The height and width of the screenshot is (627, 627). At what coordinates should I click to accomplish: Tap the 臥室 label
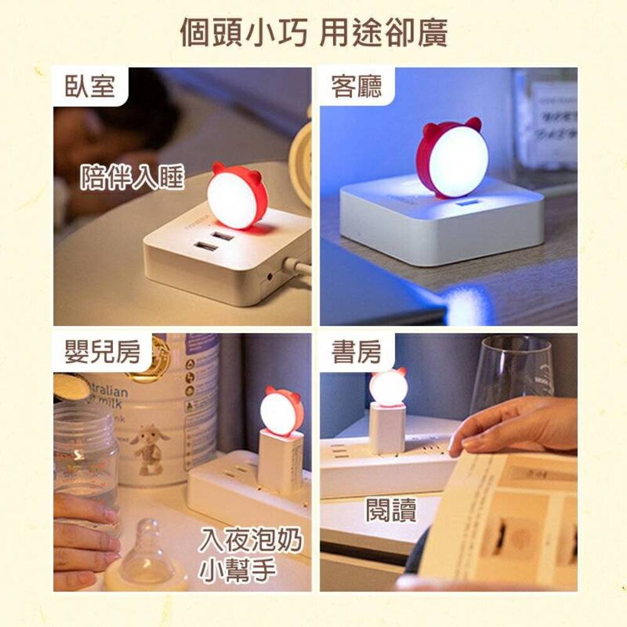(90, 86)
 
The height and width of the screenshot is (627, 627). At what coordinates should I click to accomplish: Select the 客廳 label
(357, 86)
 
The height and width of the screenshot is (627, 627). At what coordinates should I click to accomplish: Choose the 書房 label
(357, 353)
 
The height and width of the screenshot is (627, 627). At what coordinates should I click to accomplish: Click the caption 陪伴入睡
(132, 178)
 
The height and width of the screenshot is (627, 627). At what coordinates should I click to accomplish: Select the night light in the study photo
(387, 387)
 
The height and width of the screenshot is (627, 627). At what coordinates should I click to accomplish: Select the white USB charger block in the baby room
(280, 461)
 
